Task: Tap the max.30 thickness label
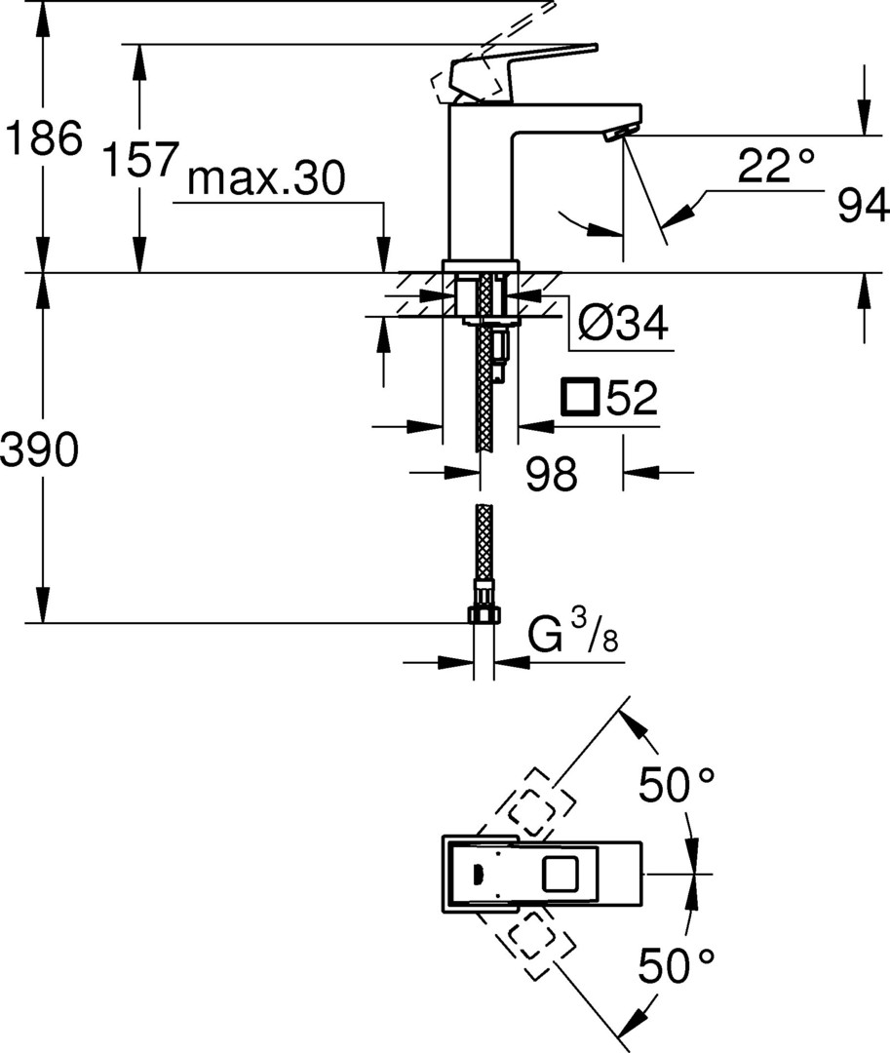tap(265, 180)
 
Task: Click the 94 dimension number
tap(863, 207)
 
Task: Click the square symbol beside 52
tap(580, 398)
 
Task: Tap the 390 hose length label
tap(39, 450)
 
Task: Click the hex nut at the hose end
tap(483, 614)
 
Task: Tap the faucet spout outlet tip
tap(619, 136)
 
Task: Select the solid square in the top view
tap(561, 873)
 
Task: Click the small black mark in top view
tap(478, 873)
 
